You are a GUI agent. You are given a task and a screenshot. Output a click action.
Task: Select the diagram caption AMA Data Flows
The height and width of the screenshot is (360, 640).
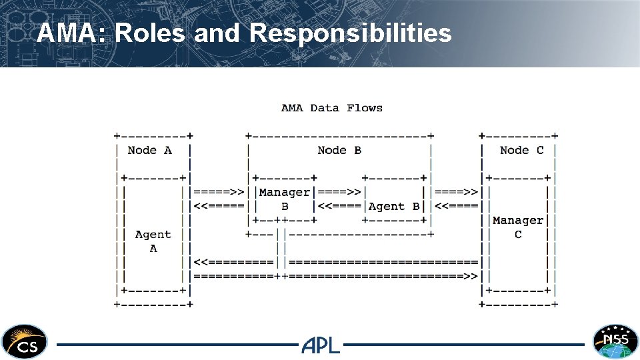pos(331,107)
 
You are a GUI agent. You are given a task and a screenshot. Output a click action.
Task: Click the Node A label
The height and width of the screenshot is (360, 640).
pos(149,150)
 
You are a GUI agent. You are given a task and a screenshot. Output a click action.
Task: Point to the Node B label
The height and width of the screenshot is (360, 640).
pos(339,150)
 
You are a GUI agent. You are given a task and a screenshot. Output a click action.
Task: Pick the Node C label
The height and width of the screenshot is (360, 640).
pos(521,150)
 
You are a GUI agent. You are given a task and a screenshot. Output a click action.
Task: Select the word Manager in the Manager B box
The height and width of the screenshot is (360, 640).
pos(285,193)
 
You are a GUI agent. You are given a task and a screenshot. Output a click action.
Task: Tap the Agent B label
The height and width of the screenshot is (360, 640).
pos(394,207)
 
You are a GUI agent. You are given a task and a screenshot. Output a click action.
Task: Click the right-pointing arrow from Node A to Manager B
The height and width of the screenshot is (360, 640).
pos(219,193)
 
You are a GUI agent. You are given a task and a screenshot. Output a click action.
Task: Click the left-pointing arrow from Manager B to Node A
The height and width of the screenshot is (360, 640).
pos(219,207)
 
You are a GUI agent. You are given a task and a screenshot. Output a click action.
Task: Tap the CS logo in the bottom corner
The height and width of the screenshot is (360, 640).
pos(24,341)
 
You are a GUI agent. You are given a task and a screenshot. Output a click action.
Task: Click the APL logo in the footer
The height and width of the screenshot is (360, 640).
pos(321,345)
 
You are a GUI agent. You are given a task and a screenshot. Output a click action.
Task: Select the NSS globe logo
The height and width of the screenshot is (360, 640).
pos(615,341)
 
